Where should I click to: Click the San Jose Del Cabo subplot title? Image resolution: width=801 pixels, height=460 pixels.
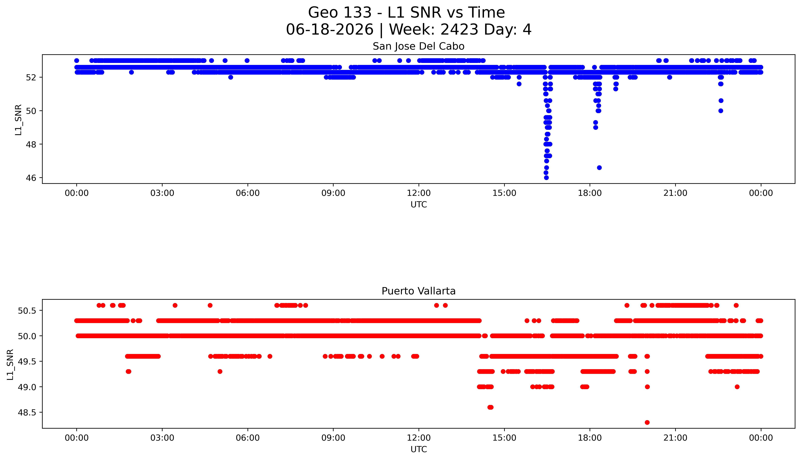[x=419, y=46]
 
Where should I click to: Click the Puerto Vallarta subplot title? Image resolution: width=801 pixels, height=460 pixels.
[x=419, y=291]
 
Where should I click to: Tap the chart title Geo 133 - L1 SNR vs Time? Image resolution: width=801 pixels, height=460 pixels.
[x=407, y=13]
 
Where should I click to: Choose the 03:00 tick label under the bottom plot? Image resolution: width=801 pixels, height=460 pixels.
[x=162, y=438]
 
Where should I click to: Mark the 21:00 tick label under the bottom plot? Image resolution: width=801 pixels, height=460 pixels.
[x=675, y=438]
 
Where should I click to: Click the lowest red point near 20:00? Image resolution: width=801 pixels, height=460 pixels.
[x=647, y=422]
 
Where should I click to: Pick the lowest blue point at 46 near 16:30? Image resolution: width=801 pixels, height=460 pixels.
[x=546, y=178]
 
